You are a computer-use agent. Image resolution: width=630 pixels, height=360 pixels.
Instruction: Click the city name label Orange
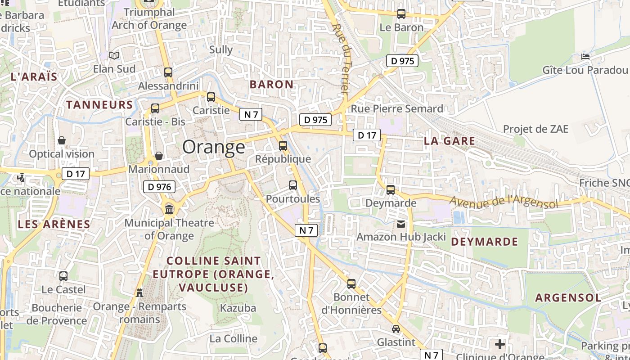click(x=214, y=147)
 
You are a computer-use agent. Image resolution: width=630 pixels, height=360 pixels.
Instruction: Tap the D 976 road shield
click(x=159, y=187)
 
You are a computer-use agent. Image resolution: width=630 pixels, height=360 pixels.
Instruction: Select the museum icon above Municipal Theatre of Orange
click(x=170, y=209)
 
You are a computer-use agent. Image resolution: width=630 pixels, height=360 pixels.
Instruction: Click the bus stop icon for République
click(x=283, y=145)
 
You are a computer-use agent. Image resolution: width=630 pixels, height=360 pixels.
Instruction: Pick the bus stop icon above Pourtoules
click(x=293, y=185)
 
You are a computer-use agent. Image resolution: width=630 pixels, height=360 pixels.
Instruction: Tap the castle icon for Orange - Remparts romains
click(x=139, y=292)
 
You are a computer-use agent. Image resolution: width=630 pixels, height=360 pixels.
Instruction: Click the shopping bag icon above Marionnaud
click(x=159, y=156)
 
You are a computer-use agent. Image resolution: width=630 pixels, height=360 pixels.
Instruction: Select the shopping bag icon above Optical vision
click(x=62, y=140)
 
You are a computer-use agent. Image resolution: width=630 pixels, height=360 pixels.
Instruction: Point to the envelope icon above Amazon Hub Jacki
click(x=401, y=224)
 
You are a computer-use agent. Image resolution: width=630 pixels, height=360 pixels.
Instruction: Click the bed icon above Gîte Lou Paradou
click(x=585, y=57)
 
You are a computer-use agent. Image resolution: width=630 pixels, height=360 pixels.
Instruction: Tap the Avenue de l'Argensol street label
click(x=504, y=202)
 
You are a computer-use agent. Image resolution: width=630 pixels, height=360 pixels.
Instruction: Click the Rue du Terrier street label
click(x=341, y=58)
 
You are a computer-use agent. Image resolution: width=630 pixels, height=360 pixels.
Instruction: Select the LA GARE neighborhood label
click(x=450, y=141)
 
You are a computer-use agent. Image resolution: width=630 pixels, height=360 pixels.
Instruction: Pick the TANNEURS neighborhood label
click(x=99, y=105)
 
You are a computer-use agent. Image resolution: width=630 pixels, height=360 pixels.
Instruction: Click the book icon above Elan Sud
click(x=114, y=55)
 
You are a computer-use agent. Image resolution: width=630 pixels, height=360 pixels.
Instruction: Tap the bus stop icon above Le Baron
click(x=401, y=14)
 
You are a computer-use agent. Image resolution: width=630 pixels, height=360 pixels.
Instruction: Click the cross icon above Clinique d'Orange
click(x=500, y=345)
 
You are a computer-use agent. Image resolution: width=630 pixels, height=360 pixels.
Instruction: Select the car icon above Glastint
click(x=396, y=329)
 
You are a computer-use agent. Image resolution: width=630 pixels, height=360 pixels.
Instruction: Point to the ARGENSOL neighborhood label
click(x=568, y=297)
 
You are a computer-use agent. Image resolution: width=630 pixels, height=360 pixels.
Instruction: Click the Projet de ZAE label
click(x=535, y=129)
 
